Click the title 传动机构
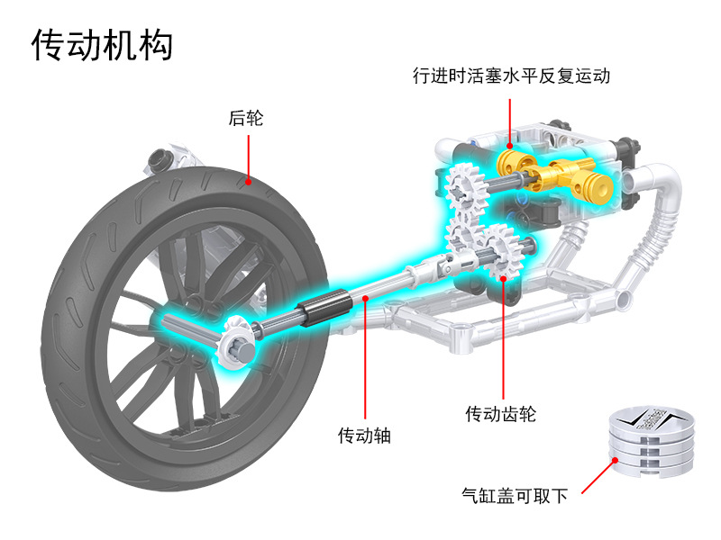coord(102,44)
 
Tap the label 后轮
coord(246,118)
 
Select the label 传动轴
coord(364,436)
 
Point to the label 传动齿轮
coord(501,414)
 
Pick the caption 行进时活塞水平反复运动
coord(511,76)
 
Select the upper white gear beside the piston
coord(465,187)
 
